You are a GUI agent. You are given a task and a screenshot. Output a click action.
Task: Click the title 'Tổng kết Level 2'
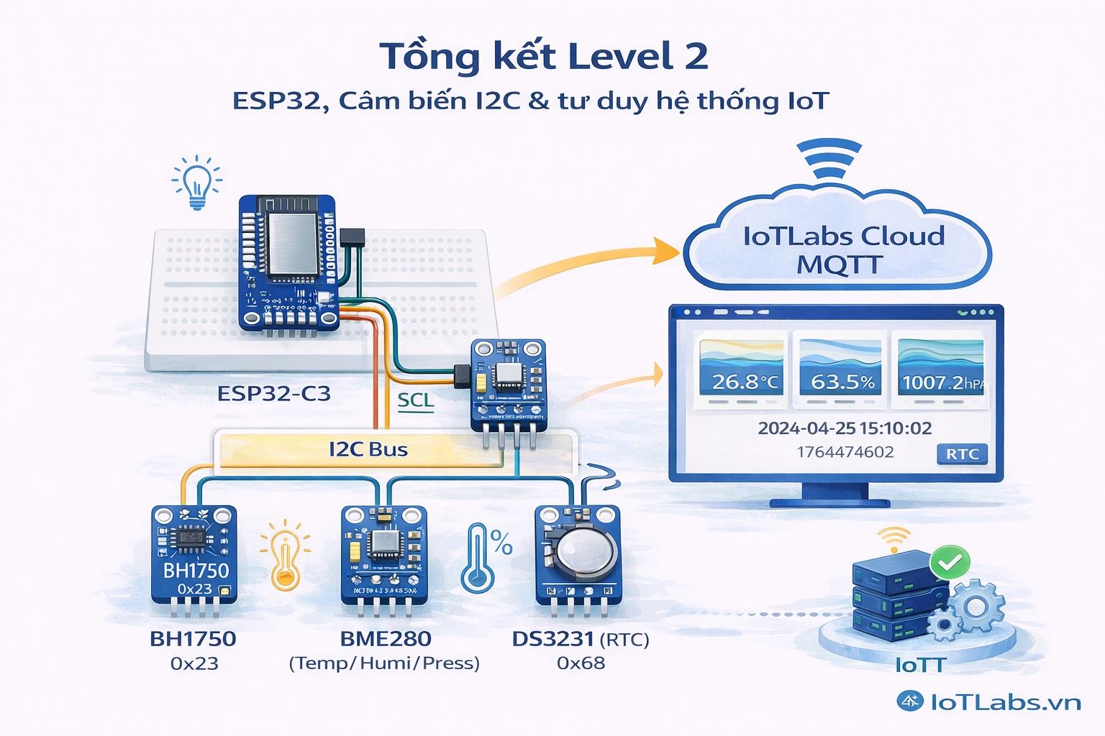coord(544,57)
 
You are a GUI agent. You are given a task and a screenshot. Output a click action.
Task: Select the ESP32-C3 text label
coord(274,394)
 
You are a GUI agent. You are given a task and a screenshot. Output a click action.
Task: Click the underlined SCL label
coord(416,400)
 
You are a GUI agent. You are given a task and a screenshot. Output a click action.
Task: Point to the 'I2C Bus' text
coord(368,450)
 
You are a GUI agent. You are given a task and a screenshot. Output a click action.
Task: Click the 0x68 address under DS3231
coord(581,663)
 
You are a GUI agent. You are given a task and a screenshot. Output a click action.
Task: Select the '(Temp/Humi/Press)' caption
coord(384,663)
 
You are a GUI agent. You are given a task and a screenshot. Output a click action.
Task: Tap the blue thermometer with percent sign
coord(482,556)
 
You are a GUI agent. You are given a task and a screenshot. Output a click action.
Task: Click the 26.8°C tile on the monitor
coord(741,369)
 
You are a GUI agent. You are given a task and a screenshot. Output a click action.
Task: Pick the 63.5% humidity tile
coord(840,369)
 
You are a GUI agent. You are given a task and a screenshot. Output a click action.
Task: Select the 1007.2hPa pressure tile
coord(940,369)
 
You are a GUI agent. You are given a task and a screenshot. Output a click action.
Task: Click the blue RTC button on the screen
coord(962,454)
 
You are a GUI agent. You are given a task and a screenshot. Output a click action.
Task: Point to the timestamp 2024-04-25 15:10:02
coord(845,428)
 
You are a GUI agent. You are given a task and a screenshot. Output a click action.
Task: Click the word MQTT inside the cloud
coord(839,265)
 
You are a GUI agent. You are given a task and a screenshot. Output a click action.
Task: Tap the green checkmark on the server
coord(950,563)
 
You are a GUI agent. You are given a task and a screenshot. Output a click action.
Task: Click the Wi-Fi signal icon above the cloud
coord(829,160)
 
